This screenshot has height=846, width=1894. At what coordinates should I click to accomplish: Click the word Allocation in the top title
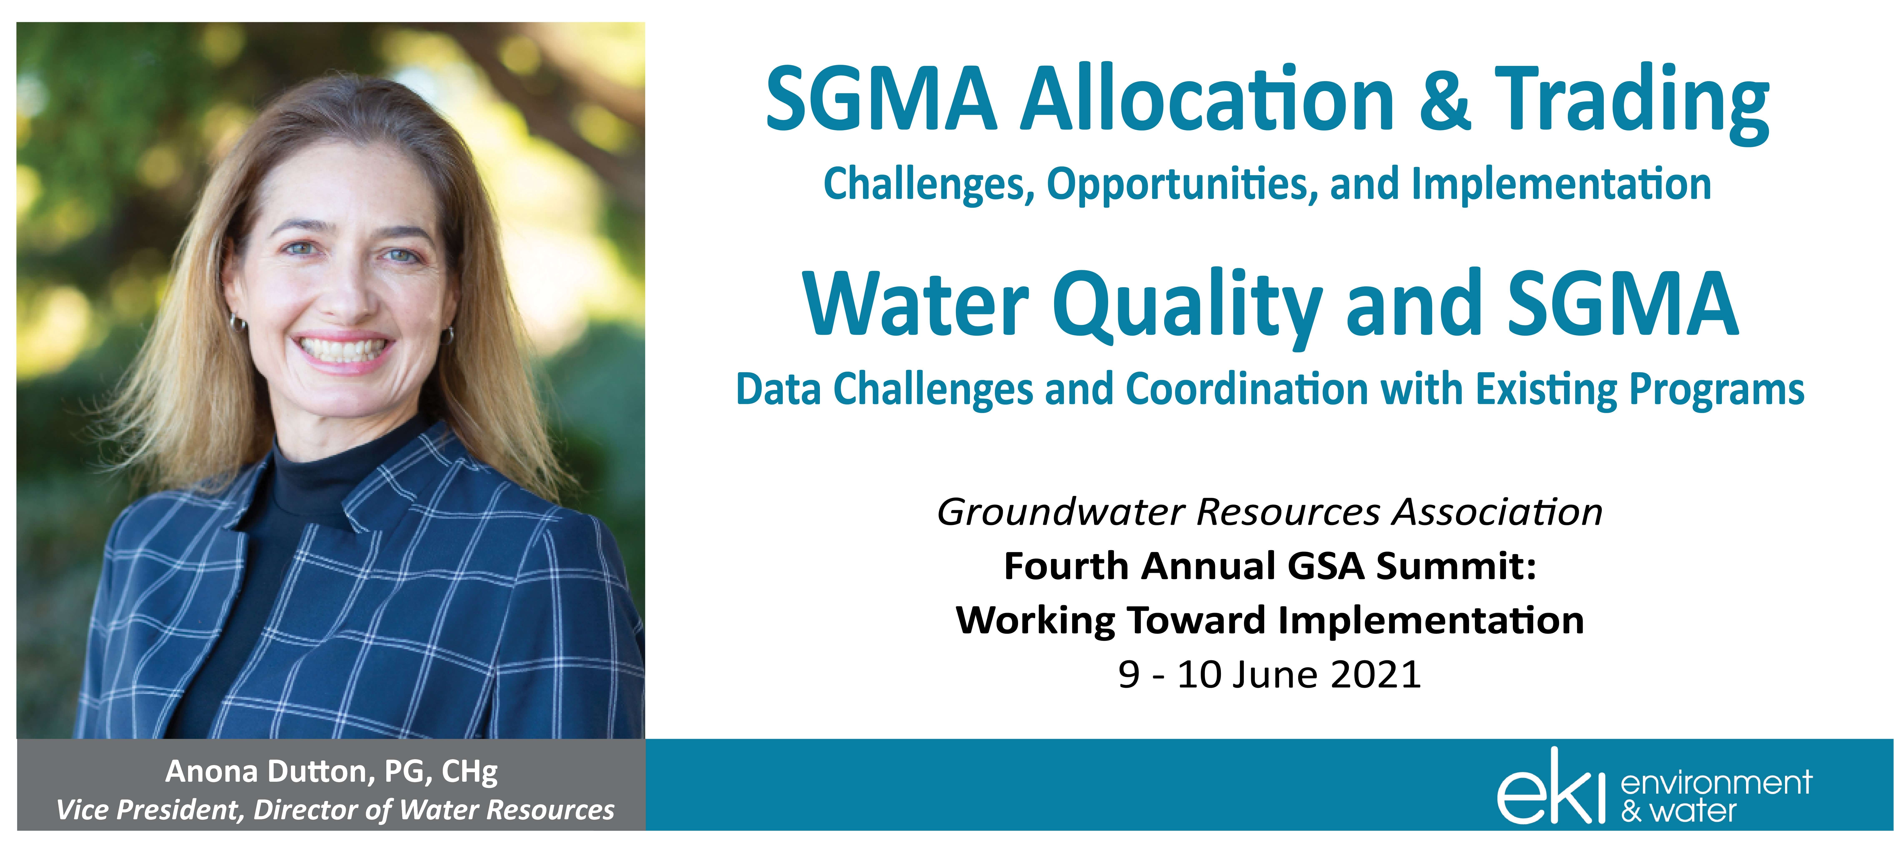coord(1207,99)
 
